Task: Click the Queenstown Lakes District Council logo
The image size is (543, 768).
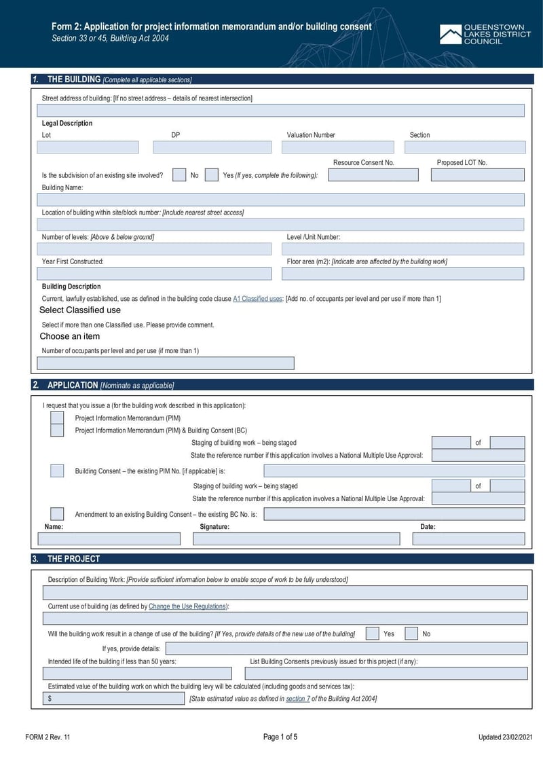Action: pyautogui.click(x=485, y=35)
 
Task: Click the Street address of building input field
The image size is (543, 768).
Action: pyautogui.click(x=280, y=111)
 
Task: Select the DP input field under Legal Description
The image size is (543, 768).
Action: pyautogui.click(x=212, y=147)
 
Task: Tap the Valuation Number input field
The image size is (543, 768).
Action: pyautogui.click(x=337, y=147)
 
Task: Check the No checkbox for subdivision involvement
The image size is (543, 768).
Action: pyautogui.click(x=179, y=175)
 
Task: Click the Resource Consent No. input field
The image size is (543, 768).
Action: pyautogui.click(x=373, y=175)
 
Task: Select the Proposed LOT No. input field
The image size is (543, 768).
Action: pyautogui.click(x=477, y=175)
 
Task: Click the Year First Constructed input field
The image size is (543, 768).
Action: pyautogui.click(x=154, y=274)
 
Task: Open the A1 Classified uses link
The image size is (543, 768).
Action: pyautogui.click(x=258, y=299)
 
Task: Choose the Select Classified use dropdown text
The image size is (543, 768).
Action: pyautogui.click(x=80, y=310)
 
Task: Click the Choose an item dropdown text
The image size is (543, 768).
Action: pyautogui.click(x=70, y=336)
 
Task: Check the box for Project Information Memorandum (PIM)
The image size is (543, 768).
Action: pyautogui.click(x=58, y=418)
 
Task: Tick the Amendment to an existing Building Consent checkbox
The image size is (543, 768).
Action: pyautogui.click(x=58, y=514)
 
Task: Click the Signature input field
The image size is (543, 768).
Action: pyautogui.click(x=296, y=539)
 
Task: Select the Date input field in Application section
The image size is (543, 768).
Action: pyautogui.click(x=468, y=539)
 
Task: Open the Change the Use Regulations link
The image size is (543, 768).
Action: pyautogui.click(x=188, y=606)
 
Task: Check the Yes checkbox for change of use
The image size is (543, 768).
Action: pyautogui.click(x=373, y=634)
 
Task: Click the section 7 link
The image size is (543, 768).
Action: pyautogui.click(x=297, y=699)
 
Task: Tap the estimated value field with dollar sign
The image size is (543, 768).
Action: pyautogui.click(x=113, y=699)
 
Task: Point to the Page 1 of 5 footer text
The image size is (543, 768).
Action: pyautogui.click(x=280, y=737)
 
